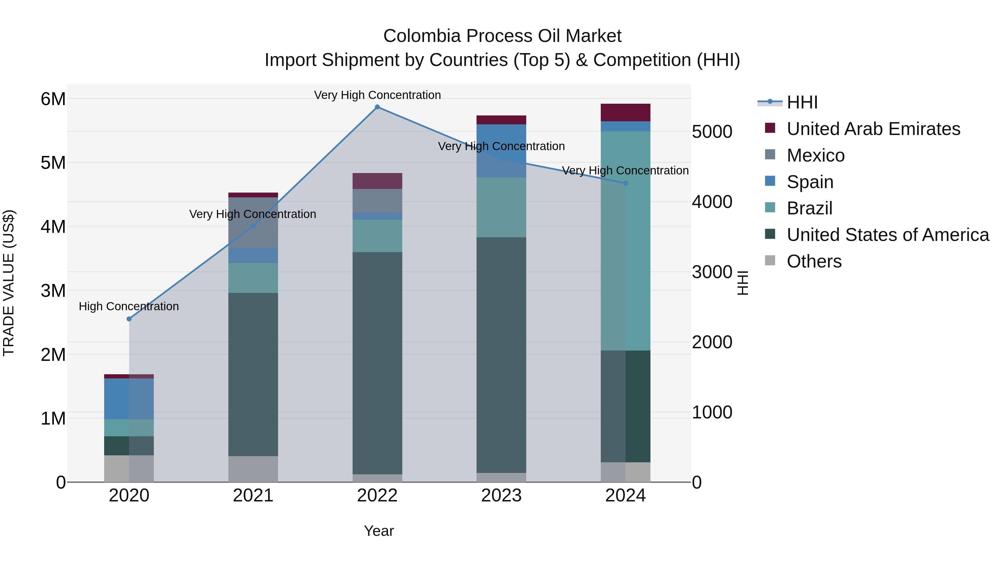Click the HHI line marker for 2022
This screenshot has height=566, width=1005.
(377, 107)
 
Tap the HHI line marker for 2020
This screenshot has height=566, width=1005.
(129, 319)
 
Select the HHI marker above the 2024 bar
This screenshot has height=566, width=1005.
(625, 183)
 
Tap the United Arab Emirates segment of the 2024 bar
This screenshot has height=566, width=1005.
(625, 112)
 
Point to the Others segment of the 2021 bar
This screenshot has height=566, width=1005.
(253, 469)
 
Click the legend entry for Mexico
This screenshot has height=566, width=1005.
(815, 155)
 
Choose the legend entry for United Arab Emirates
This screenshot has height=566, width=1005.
(873, 129)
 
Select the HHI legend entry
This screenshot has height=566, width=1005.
(802, 102)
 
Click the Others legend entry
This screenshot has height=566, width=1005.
(814, 261)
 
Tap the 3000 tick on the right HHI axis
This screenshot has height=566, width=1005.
(712, 272)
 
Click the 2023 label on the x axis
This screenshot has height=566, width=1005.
(501, 496)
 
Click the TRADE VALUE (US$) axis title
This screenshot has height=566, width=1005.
(9, 283)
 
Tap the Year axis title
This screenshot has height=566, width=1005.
(379, 531)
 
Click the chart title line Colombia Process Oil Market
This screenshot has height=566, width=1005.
(502, 36)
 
